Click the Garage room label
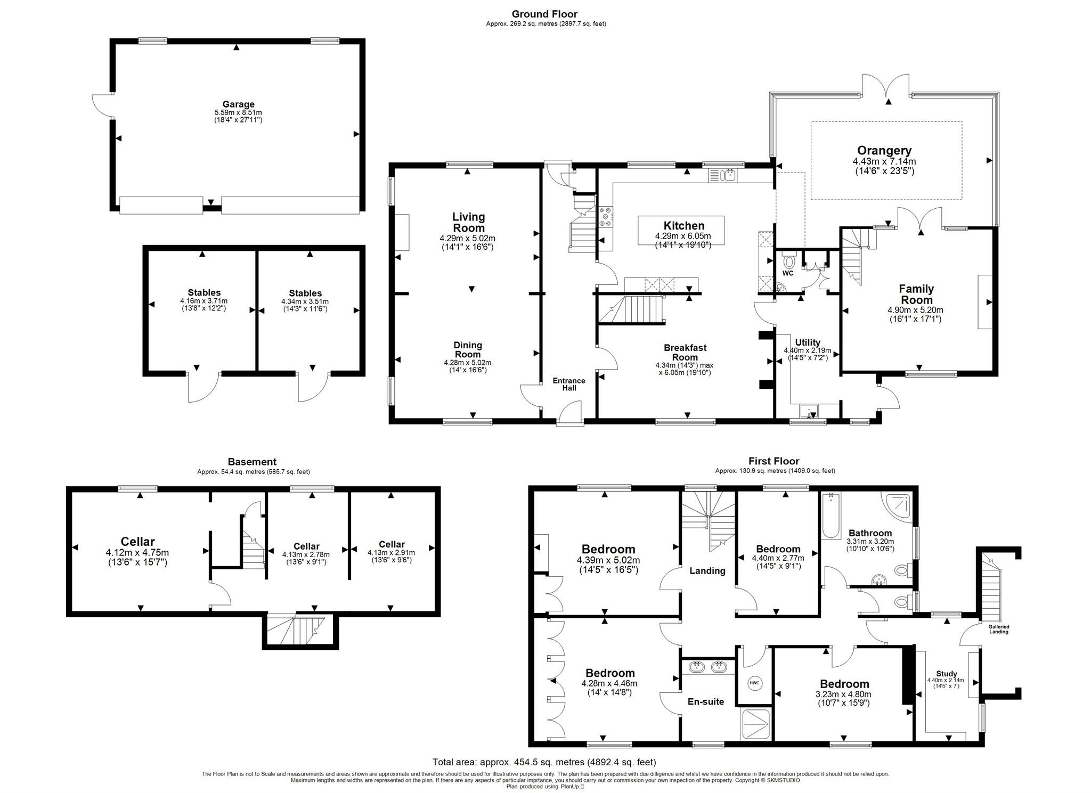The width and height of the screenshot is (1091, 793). click(238, 104)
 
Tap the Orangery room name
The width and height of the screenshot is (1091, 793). click(884, 151)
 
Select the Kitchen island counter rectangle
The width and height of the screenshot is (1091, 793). click(681, 230)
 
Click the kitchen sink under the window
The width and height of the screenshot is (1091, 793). click(722, 175)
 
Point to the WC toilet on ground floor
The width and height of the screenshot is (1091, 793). click(789, 261)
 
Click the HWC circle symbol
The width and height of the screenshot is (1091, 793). click(754, 683)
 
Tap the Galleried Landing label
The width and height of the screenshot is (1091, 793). click(999, 629)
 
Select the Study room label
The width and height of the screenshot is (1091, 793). click(946, 674)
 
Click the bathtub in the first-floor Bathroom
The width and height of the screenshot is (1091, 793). click(830, 516)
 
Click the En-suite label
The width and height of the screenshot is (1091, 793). click(705, 701)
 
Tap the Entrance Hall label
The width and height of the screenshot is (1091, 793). click(568, 384)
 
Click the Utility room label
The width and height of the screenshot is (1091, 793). click(808, 342)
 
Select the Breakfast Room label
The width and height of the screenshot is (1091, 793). click(685, 352)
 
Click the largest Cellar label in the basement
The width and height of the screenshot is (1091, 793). click(137, 542)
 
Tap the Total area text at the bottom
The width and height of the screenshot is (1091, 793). click(544, 762)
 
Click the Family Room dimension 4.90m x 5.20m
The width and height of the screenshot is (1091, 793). click(915, 310)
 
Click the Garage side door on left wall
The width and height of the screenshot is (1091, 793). click(101, 105)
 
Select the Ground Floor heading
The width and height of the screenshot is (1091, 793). click(544, 14)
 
